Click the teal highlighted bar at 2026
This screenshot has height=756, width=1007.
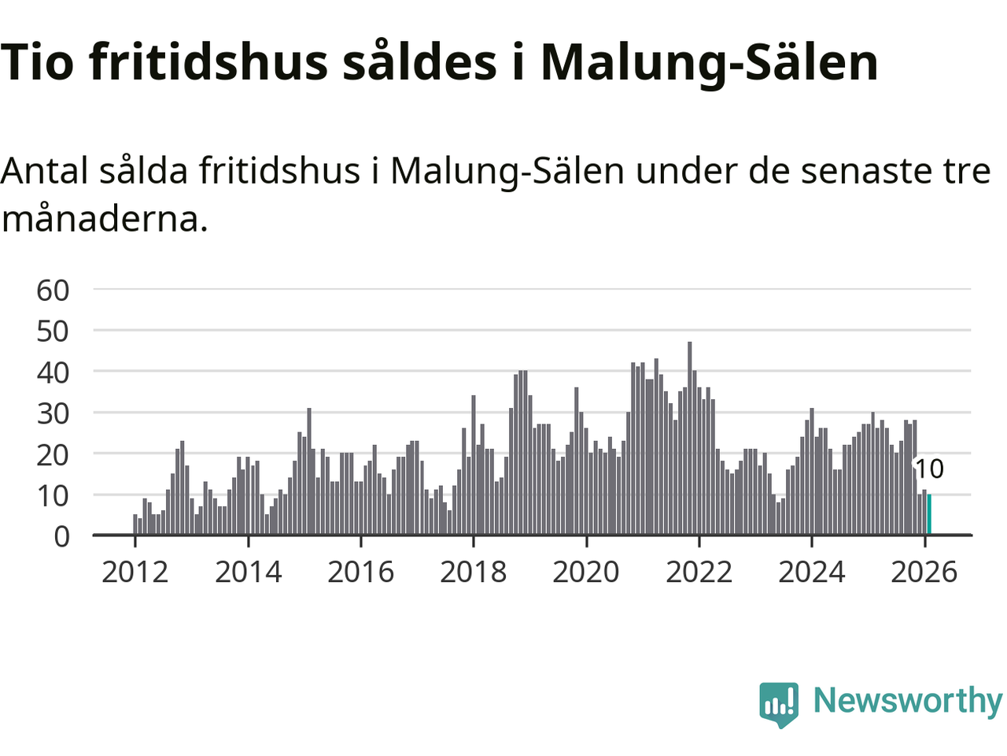[929, 515]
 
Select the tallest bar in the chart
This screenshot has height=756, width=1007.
[690, 439]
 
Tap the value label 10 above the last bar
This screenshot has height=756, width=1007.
[928, 469]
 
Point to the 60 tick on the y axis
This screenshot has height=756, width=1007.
[53, 290]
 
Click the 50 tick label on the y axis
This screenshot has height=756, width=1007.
[53, 331]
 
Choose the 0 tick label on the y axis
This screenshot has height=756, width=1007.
[61, 536]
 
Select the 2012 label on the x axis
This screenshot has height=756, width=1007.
[135, 572]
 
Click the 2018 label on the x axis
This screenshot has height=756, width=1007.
[473, 572]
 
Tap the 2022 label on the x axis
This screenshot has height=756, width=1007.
[699, 572]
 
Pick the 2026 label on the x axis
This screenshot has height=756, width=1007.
[924, 572]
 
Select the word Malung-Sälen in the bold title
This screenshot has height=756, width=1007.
[709, 63]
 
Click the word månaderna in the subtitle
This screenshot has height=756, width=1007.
[105, 218]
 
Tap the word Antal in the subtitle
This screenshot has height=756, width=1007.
[44, 170]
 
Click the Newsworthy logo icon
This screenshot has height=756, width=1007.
[779, 703]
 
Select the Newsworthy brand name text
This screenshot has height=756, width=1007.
[907, 700]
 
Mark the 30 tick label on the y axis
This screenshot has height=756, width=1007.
[53, 413]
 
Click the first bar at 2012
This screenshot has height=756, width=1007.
[135, 525]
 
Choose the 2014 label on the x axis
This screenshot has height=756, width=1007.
[248, 572]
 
